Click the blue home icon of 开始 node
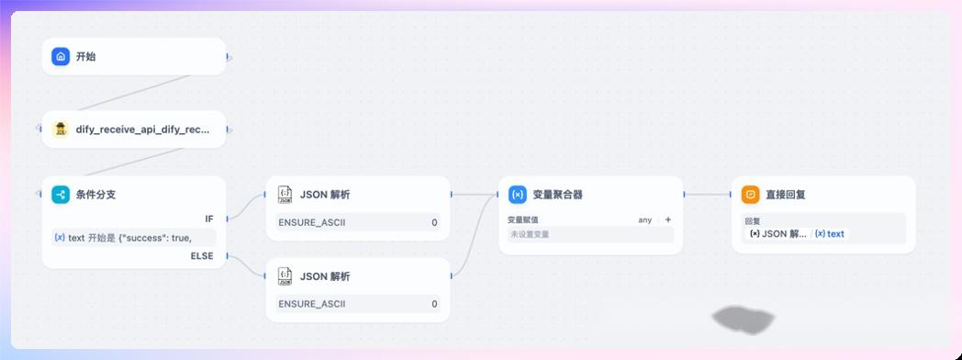click(x=61, y=56)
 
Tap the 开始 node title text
click(x=85, y=56)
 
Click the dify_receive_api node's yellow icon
click(x=61, y=129)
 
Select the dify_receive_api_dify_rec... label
click(x=142, y=129)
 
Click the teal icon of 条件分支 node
click(x=61, y=195)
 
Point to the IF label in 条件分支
click(x=209, y=219)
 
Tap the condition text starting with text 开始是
click(x=129, y=238)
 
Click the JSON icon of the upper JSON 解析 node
click(x=285, y=195)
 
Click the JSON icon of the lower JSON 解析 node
click(x=285, y=276)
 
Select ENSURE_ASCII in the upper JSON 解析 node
click(x=312, y=222)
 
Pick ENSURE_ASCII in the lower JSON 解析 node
click(x=312, y=304)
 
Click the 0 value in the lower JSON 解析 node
click(x=434, y=304)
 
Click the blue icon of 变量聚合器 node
click(x=518, y=195)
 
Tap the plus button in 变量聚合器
click(x=667, y=219)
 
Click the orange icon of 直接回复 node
click(x=751, y=195)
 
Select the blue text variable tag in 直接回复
click(x=830, y=234)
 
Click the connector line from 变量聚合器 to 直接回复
click(x=709, y=195)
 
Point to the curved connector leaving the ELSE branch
click(x=247, y=266)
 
